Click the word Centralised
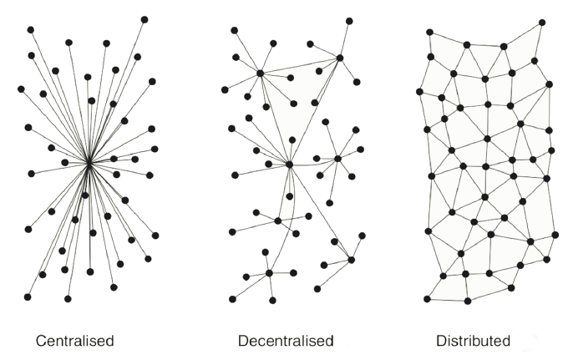coord(75,341)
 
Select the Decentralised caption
coord(286,341)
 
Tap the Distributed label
coord(474,341)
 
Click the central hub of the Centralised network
coord(89,164)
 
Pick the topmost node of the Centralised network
coord(145,20)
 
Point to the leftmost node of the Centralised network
coord(21,89)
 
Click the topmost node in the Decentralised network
coord(349,21)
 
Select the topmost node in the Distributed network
coord(542,23)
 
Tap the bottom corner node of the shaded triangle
coord(289,165)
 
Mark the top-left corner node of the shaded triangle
coord(261,74)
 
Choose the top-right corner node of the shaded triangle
coord(340,58)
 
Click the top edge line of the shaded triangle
coord(300,66)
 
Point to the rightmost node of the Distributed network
coord(555,235)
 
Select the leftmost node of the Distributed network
coord(419,92)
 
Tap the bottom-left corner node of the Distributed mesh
coord(427,299)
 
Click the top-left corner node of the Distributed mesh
coord(429,33)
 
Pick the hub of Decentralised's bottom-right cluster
coord(351,260)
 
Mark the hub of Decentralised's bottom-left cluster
coord(269,273)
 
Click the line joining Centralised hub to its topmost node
coord(117,91)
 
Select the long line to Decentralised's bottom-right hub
coord(320,212)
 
